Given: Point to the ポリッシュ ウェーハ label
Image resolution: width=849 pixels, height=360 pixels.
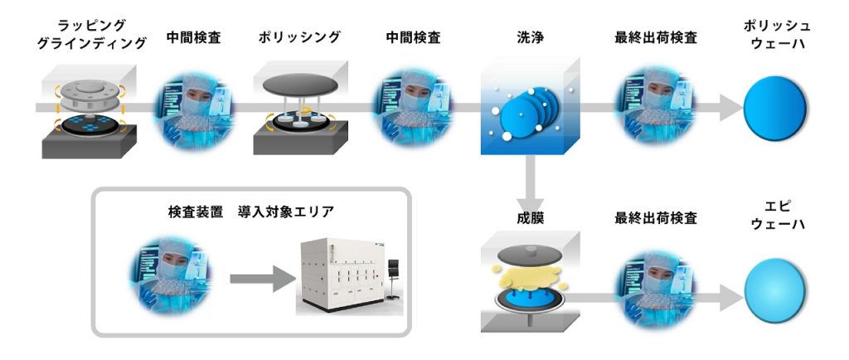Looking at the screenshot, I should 778,36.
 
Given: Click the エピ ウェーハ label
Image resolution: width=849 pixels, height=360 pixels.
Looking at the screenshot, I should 778,217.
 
